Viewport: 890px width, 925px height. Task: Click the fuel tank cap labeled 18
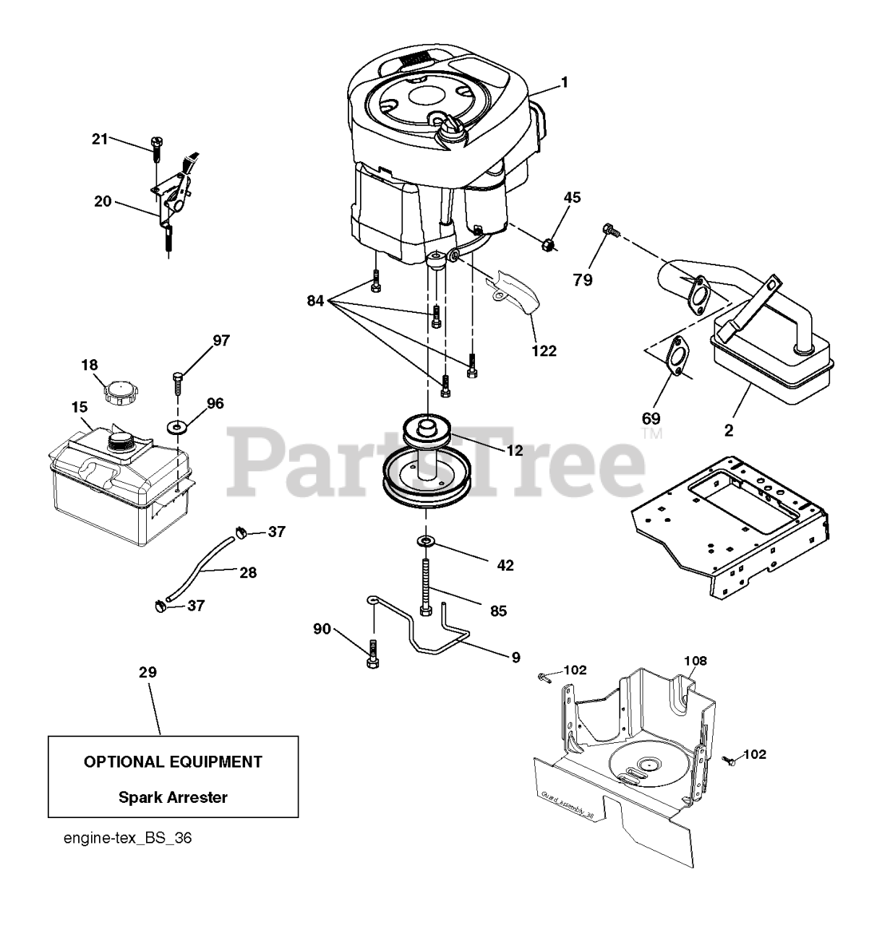click(x=117, y=392)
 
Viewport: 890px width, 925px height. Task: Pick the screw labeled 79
click(x=608, y=231)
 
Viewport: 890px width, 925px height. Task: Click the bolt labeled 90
click(x=373, y=654)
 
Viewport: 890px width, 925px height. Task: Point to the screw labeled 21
click(x=156, y=152)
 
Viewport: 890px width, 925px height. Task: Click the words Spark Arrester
click(x=173, y=798)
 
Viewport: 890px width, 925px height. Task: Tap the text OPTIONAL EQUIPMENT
click(x=173, y=761)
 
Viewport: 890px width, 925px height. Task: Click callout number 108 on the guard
click(x=696, y=660)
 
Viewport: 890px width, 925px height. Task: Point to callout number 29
click(x=147, y=672)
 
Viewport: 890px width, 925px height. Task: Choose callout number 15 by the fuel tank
click(x=79, y=408)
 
